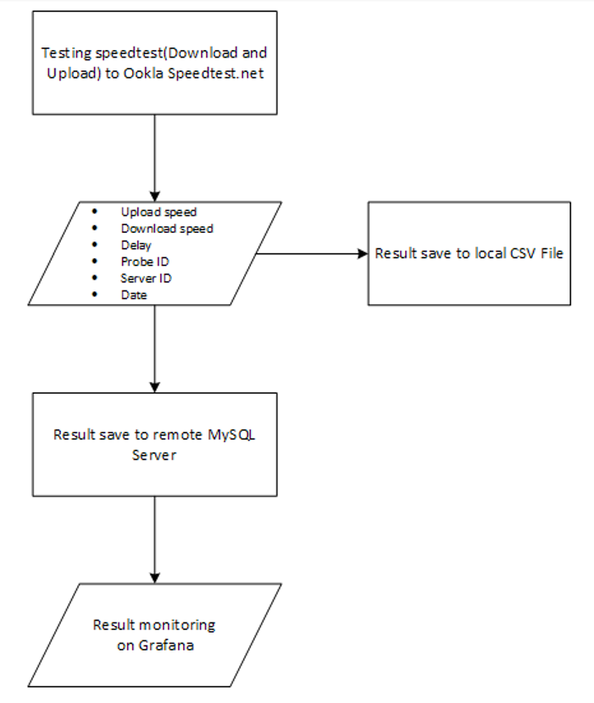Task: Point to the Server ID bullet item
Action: coord(145,278)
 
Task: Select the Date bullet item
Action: coord(134,295)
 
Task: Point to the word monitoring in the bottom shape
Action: coord(176,625)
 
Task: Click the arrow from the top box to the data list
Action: coord(154,157)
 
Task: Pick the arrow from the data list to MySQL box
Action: coord(154,347)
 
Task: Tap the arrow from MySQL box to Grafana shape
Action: coord(154,539)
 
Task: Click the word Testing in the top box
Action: coord(64,53)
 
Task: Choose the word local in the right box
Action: coord(478,253)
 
